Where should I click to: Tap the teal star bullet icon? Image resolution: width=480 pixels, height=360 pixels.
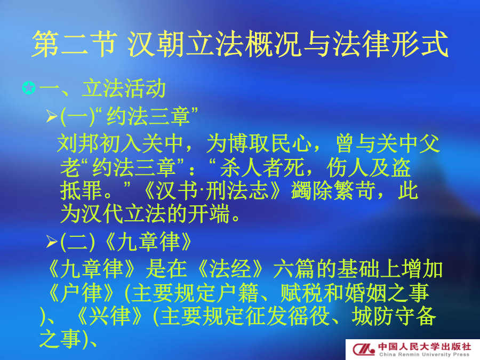tap(29, 88)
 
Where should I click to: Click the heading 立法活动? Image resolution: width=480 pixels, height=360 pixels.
tap(124, 89)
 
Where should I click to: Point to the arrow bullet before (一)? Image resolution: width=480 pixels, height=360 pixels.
tap(52, 116)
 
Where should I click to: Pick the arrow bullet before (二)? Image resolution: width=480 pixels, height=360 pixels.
tap(52, 242)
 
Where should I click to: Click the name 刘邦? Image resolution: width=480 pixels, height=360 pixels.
tap(78, 143)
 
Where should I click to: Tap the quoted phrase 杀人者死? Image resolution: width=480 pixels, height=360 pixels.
tap(262, 167)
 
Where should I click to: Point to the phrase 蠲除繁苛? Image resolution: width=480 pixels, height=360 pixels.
tap(333, 191)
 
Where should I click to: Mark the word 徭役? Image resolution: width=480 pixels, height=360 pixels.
tap(309, 316)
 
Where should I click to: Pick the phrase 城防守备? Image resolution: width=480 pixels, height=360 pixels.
tap(394, 316)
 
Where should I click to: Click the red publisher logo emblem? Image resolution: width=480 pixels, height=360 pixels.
tap(363, 349)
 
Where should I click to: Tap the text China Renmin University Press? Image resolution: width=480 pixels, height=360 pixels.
tap(425, 355)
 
